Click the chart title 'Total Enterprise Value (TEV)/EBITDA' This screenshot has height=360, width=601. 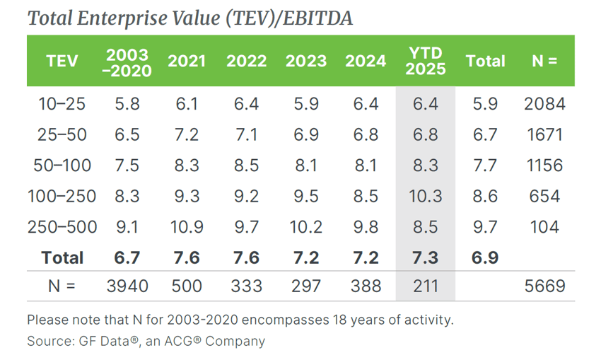(x=189, y=18)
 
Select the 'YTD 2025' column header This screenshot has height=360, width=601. (x=426, y=61)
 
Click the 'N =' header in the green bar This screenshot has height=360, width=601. (x=544, y=61)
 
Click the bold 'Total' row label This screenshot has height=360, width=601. (x=62, y=257)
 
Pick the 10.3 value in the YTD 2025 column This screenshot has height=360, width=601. (x=426, y=196)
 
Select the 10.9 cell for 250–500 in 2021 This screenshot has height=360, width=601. (x=186, y=227)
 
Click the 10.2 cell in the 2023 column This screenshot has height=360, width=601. (x=306, y=227)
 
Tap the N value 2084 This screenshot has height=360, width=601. (x=544, y=104)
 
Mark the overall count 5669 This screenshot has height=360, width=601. (x=544, y=286)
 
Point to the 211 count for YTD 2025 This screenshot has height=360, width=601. (x=426, y=286)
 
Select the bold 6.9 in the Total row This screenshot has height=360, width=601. (x=485, y=257)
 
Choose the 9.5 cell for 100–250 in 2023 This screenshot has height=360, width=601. (x=306, y=196)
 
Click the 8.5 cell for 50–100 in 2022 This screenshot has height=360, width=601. (x=247, y=166)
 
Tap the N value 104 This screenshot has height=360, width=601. (x=544, y=227)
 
